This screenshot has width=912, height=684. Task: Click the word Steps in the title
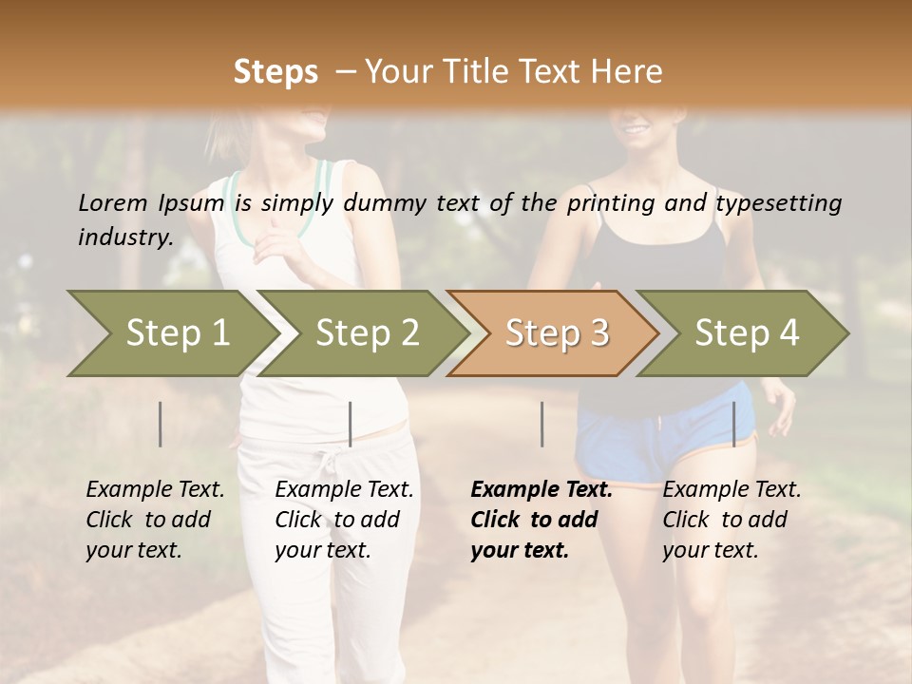click(275, 72)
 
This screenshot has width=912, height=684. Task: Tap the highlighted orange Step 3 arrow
click(557, 332)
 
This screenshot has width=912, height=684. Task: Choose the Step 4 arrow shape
click(747, 332)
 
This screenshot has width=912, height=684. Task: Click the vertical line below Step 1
click(161, 424)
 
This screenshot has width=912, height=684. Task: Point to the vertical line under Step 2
click(351, 424)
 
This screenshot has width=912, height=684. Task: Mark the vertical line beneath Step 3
click(542, 424)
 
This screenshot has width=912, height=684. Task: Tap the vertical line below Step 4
click(734, 424)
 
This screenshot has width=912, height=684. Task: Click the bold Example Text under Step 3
click(541, 519)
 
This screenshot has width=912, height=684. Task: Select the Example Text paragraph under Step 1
click(155, 519)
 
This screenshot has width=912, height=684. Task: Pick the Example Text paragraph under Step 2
click(344, 519)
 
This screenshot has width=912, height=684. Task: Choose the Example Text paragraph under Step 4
click(731, 519)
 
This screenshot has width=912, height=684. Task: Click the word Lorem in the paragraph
click(113, 202)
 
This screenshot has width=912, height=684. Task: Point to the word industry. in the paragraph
click(125, 237)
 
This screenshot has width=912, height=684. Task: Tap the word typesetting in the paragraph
click(778, 203)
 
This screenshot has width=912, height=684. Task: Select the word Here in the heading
click(628, 72)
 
